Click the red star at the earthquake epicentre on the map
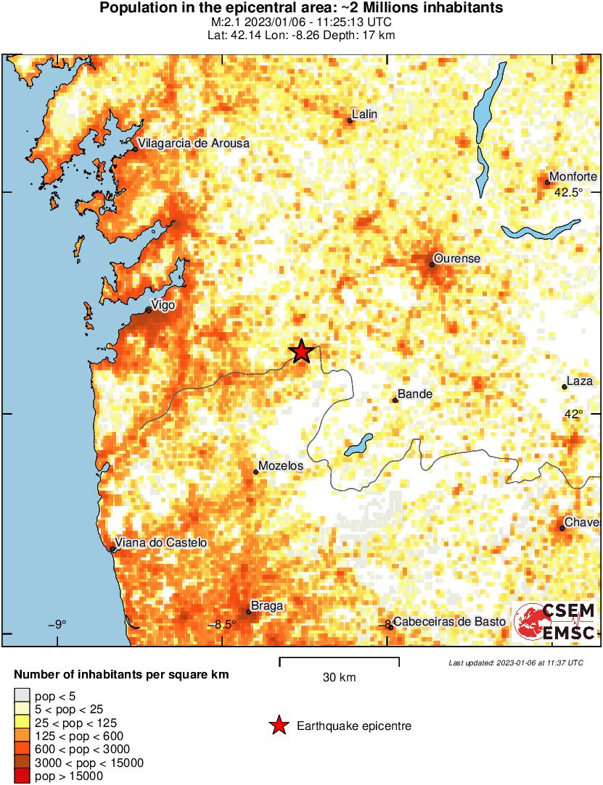click(301, 352)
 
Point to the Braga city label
click(266, 606)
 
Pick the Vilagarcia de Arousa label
click(194, 144)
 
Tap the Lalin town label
click(364, 115)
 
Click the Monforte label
click(573, 177)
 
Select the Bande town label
click(415, 394)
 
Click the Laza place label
click(580, 381)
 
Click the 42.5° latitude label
click(568, 193)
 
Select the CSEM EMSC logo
click(555, 623)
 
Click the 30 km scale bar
click(339, 660)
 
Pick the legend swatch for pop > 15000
click(22, 776)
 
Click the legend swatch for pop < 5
click(22, 697)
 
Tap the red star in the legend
click(278, 726)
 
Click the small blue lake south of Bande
click(358, 445)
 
